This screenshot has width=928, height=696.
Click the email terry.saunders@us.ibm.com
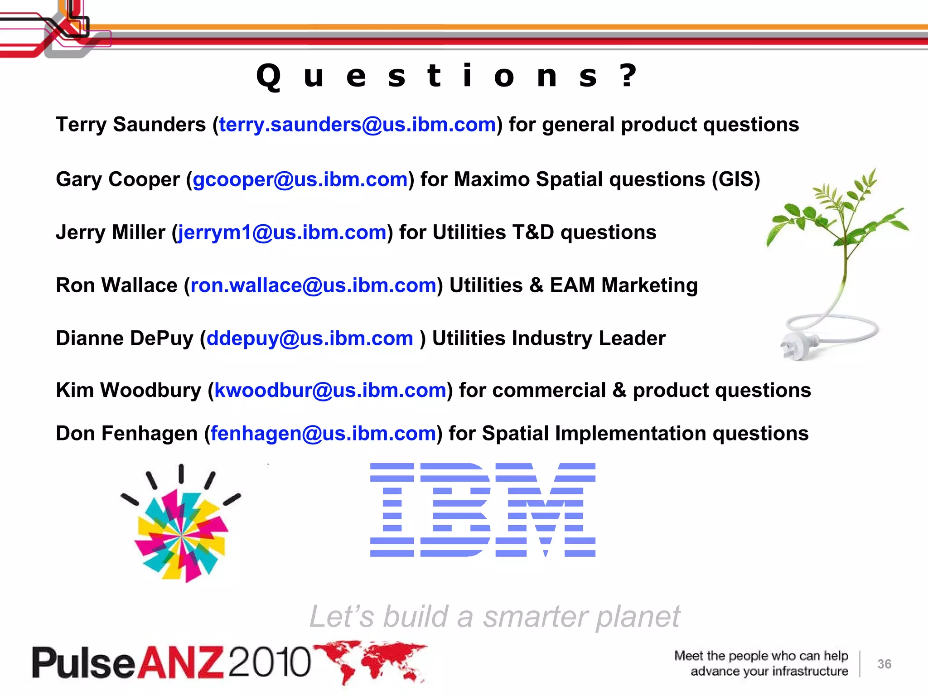click(358, 125)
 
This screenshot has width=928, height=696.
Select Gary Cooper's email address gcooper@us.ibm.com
click(300, 179)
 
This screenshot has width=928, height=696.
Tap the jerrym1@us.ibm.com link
click(282, 232)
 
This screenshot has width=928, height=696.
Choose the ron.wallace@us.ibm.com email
click(313, 285)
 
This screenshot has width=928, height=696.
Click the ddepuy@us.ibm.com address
click(309, 338)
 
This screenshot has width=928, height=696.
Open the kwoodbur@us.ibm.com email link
click(330, 390)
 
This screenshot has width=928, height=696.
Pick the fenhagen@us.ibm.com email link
click(323, 434)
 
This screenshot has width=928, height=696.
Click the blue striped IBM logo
click(483, 510)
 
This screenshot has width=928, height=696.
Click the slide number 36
click(884, 664)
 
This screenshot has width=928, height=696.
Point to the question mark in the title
click(628, 75)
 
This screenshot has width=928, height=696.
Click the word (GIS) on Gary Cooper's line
click(735, 179)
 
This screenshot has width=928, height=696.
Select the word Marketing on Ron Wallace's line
click(649, 285)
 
